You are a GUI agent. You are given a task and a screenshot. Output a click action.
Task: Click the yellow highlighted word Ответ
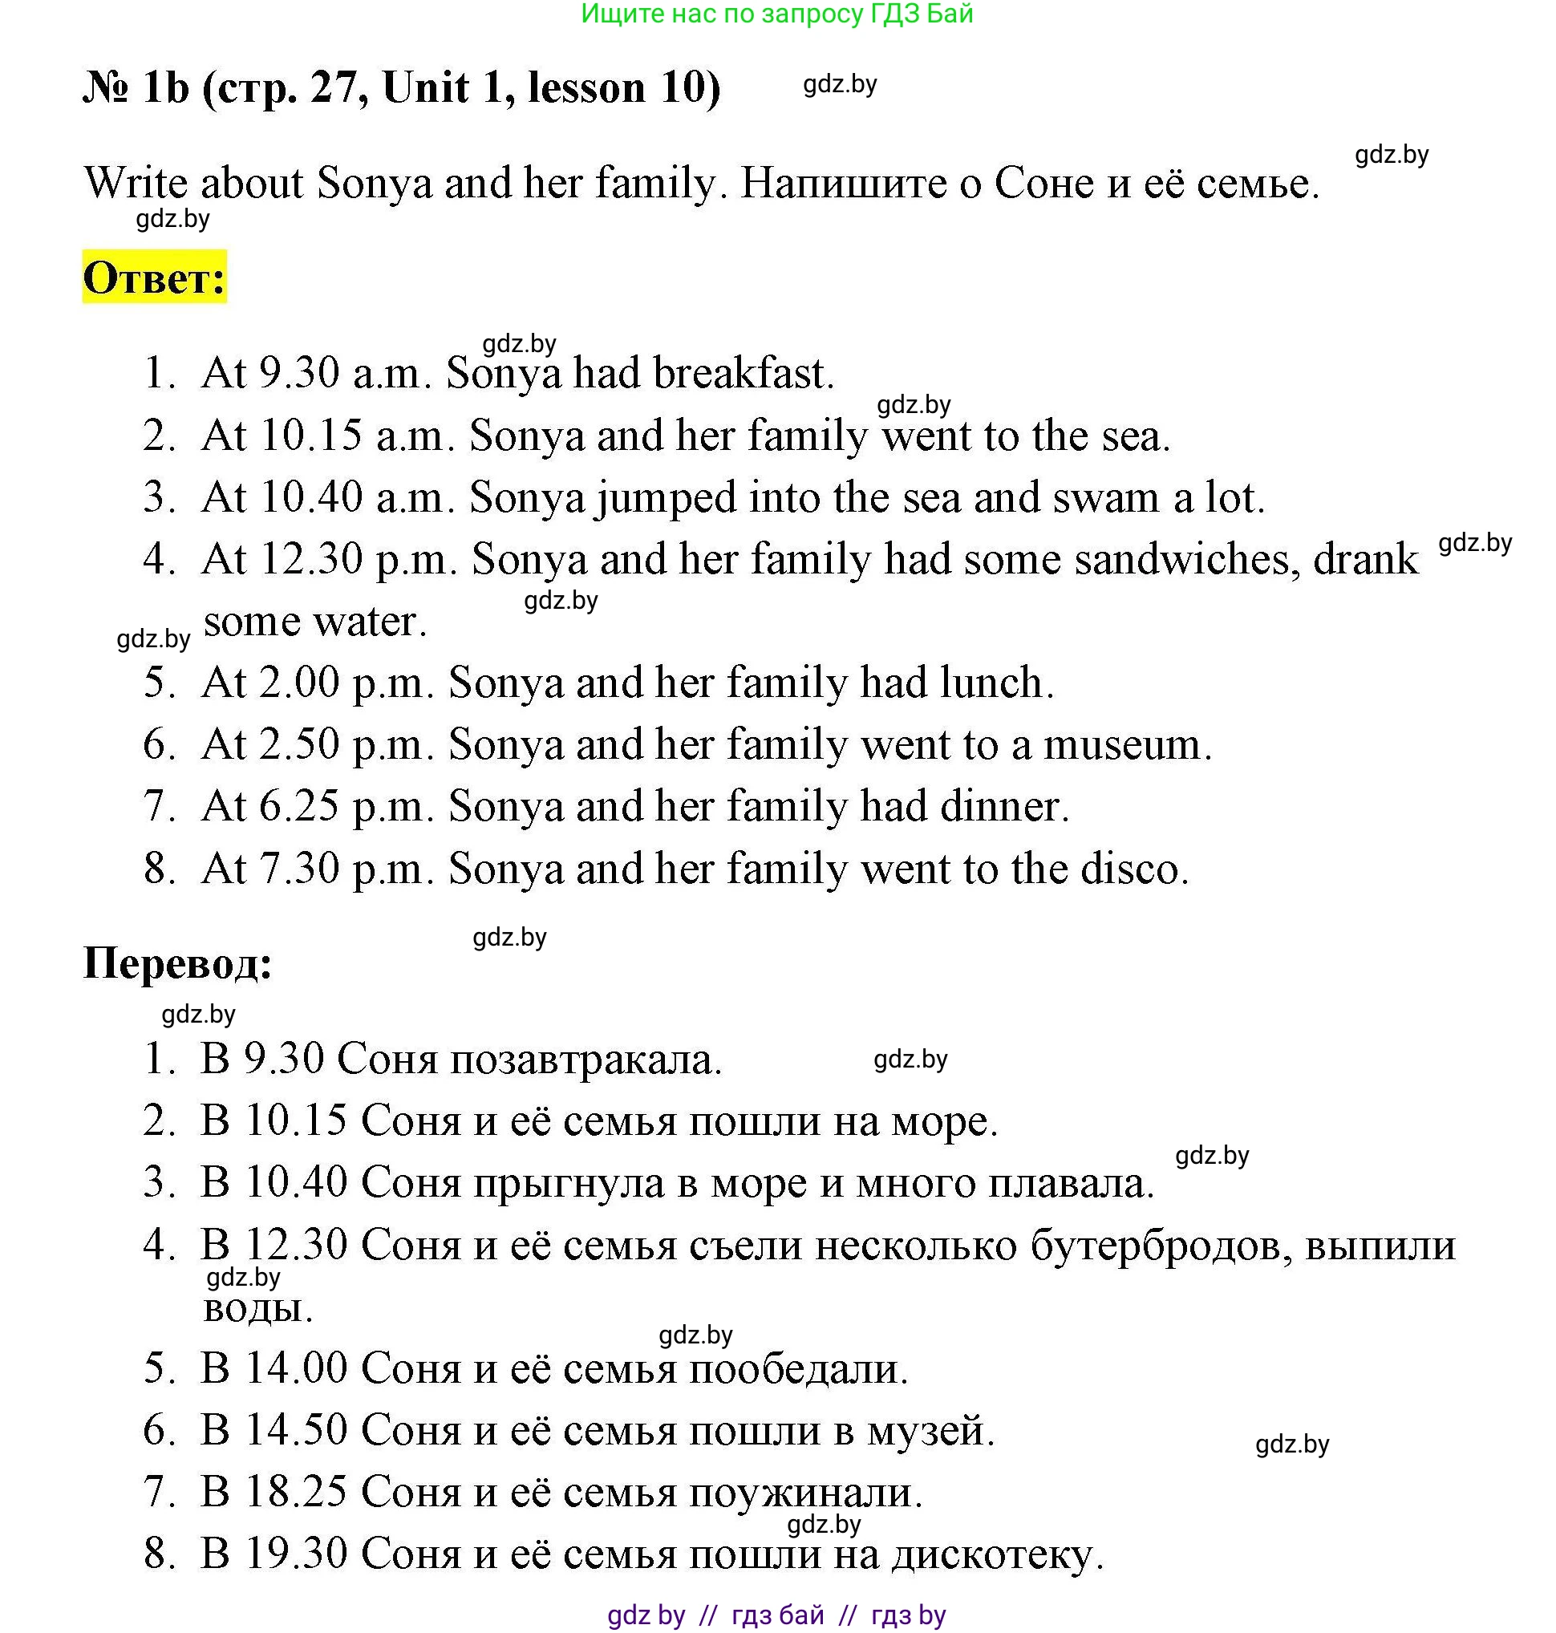154,278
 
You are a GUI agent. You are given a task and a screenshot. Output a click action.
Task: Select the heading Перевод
177,964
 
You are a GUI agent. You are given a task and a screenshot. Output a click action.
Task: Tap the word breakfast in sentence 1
743,373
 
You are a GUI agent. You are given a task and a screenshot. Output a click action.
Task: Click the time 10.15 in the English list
311,436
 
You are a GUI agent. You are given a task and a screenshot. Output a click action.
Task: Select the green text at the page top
776,14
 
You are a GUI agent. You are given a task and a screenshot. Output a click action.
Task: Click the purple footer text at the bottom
776,1615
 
